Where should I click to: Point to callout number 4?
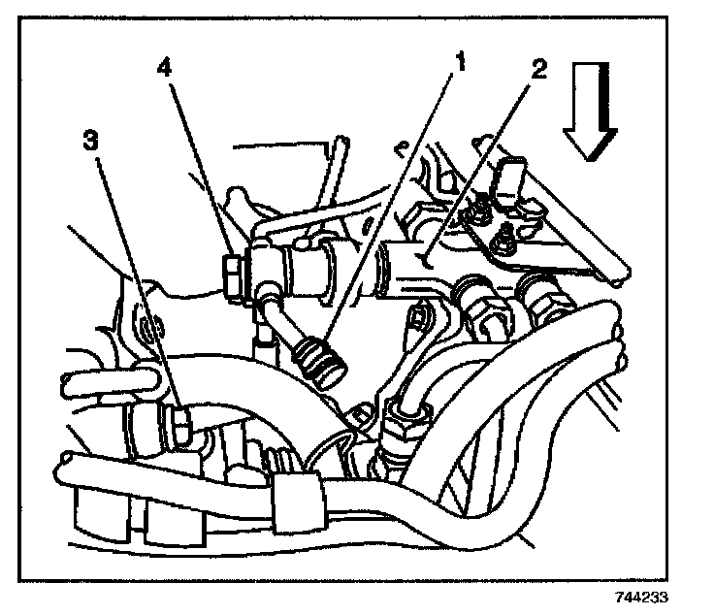click(x=167, y=69)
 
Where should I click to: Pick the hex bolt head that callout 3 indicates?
click(x=180, y=422)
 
